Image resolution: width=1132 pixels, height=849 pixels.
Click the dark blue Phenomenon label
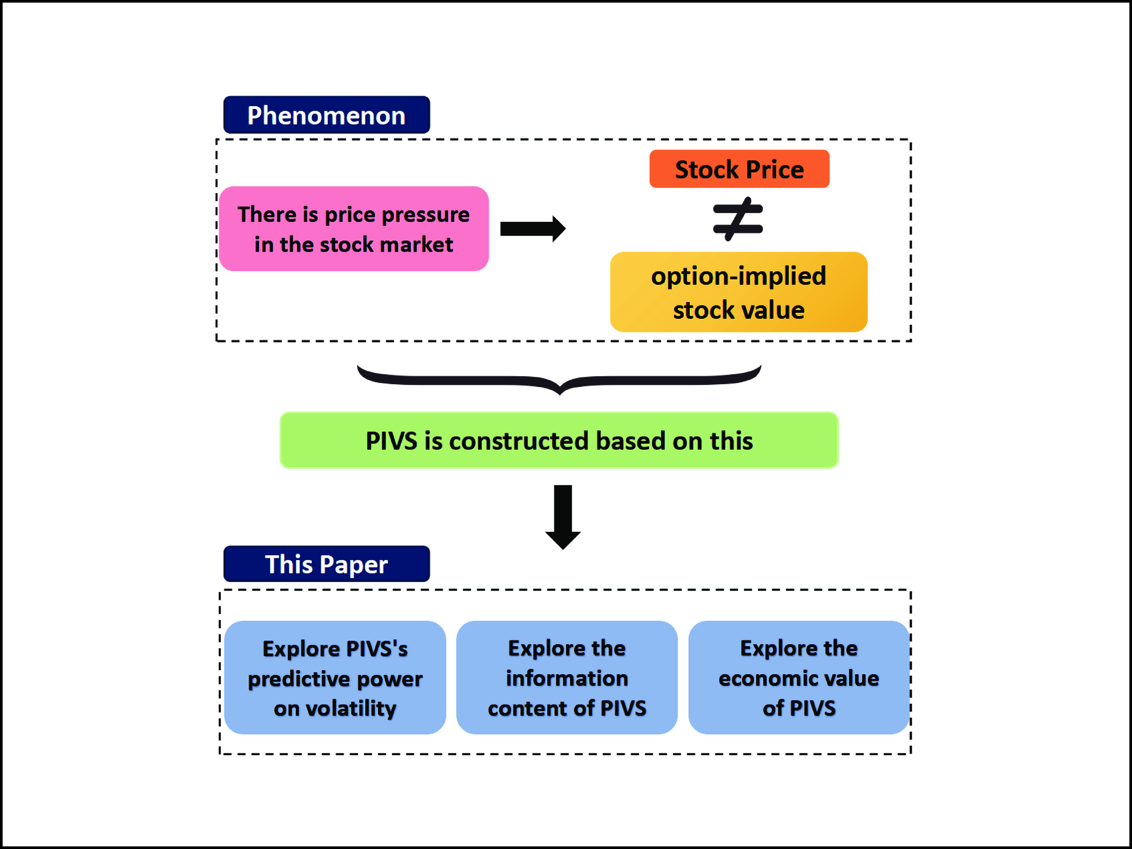tap(327, 115)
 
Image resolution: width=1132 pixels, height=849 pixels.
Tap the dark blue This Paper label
tap(327, 564)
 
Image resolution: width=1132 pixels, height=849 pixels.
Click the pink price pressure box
tap(354, 229)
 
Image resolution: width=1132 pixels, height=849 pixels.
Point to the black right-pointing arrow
tap(532, 229)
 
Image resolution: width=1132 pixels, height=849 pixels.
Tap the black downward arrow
tap(563, 517)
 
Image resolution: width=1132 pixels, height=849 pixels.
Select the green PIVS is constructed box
tap(559, 440)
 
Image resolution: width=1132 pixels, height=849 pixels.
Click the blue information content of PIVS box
tap(567, 678)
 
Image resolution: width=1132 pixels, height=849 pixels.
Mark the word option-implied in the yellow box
tap(738, 276)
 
